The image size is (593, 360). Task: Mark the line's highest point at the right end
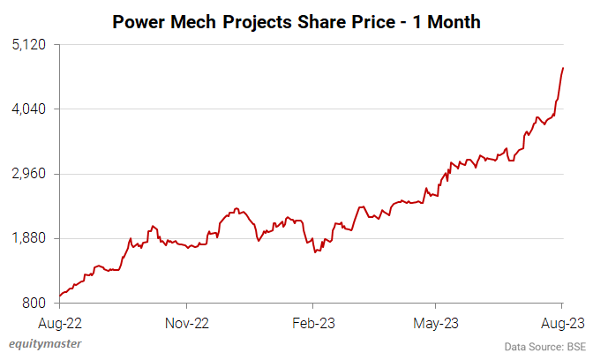coord(563,68)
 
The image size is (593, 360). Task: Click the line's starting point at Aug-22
coord(59,296)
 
